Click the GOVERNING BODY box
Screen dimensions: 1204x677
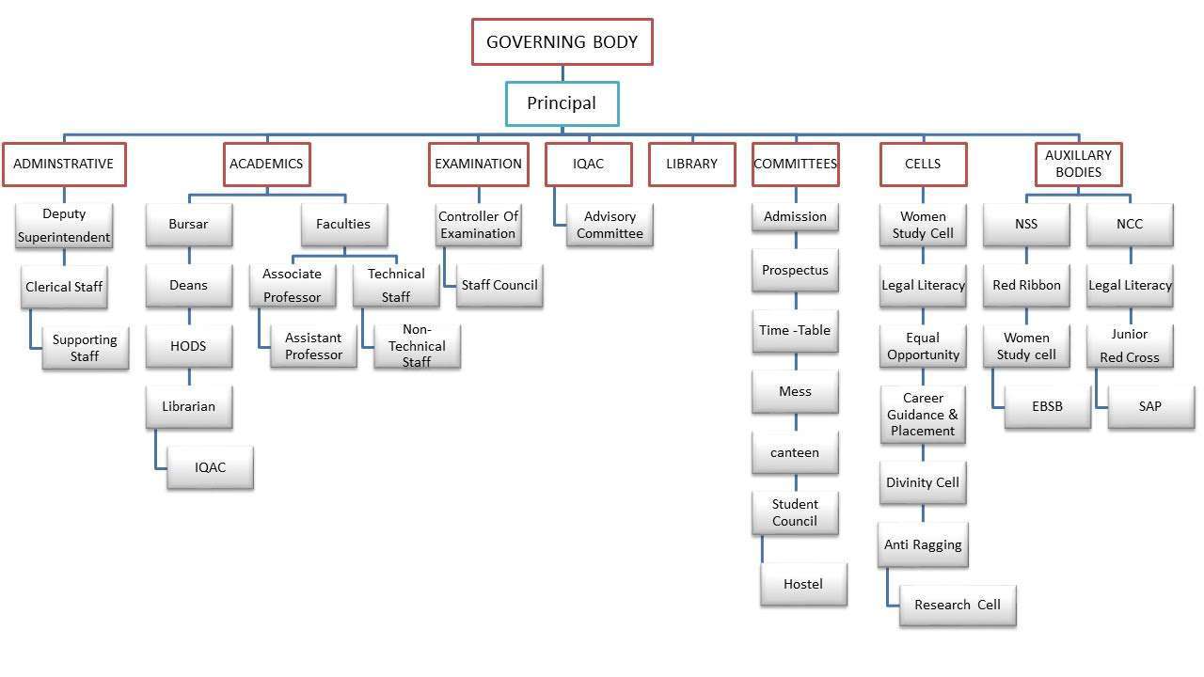[x=562, y=42]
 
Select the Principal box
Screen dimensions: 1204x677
[x=562, y=103]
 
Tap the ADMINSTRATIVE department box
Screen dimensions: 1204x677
[x=64, y=164]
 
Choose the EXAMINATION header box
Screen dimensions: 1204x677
[x=479, y=164]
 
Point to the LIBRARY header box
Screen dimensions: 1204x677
[x=691, y=164]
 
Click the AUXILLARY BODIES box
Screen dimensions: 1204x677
[x=1078, y=164]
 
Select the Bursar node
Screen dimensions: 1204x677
[x=189, y=224]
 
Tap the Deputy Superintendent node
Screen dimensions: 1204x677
[x=64, y=225]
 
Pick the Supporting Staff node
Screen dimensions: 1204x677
[x=85, y=347]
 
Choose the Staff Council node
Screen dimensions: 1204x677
[x=499, y=285]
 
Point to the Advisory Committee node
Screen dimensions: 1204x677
[x=610, y=225]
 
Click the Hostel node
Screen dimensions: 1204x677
[x=803, y=584]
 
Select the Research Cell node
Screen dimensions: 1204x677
[x=958, y=605]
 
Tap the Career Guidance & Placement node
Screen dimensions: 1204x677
[x=923, y=415]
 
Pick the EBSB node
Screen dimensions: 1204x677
[x=1048, y=406]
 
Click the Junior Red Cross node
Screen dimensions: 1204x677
[x=1130, y=345]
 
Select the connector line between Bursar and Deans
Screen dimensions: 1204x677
[x=189, y=255]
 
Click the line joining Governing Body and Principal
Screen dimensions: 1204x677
[x=562, y=73]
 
